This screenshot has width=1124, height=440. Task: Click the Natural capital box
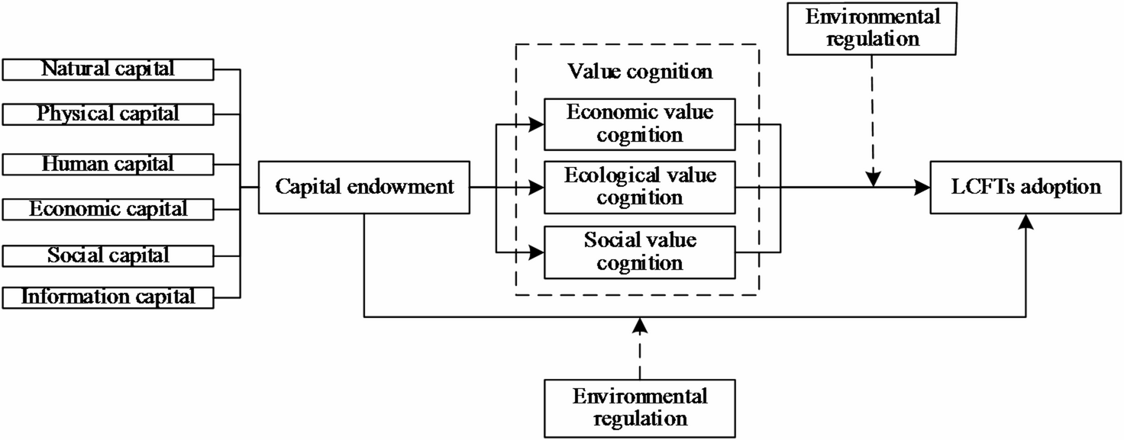pos(108,69)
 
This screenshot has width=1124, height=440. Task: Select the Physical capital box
pos(108,114)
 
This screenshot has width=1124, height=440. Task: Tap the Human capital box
pos(108,163)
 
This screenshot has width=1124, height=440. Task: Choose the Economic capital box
pos(108,208)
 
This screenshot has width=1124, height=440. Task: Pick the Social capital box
pos(108,255)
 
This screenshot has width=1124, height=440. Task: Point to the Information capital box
pos(108,297)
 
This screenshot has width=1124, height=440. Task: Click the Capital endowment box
pos(364,187)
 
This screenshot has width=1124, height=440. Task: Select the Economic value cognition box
pos(640,124)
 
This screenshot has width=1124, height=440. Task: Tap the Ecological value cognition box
pos(640,187)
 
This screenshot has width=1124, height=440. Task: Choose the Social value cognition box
pos(640,252)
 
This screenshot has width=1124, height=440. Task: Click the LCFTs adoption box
pos(1025,187)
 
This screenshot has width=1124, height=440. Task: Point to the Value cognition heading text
pos(640,72)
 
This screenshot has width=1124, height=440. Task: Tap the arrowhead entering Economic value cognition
pos(537,124)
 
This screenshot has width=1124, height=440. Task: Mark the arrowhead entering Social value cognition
pos(537,252)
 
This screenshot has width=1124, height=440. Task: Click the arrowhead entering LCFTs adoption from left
pos(922,187)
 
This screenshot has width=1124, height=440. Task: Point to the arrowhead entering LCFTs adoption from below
pos(1025,220)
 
